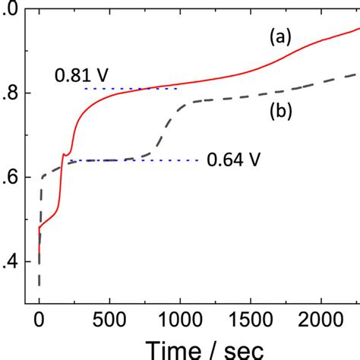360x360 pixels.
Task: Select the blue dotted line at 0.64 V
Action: [x=152, y=160]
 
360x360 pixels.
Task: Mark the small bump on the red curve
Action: [x=65, y=154]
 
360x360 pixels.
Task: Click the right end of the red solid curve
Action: [x=358, y=29]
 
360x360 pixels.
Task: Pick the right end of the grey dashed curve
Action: [x=358, y=74]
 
